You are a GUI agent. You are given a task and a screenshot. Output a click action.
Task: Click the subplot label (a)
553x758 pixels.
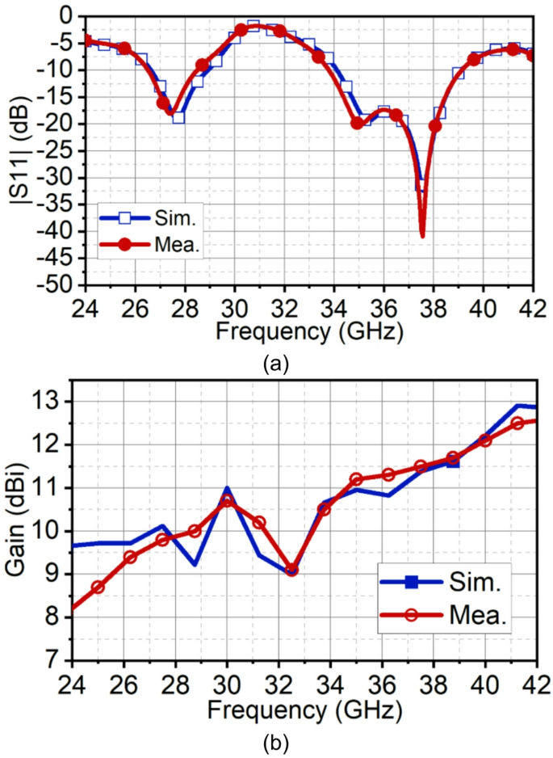pos(277,365)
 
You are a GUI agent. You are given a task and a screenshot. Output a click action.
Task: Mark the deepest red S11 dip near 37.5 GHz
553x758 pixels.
pos(422,235)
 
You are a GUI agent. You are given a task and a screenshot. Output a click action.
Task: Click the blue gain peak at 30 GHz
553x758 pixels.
pos(227,488)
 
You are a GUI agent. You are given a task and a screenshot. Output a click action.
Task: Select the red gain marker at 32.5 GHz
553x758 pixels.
pos(291,570)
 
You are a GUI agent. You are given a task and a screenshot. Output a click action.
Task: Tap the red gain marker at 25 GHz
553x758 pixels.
pos(98,587)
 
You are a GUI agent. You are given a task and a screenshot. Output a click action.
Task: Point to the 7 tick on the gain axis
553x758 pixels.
pos(57,661)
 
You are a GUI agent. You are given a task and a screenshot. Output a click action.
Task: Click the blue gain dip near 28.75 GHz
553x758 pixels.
pos(195,564)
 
